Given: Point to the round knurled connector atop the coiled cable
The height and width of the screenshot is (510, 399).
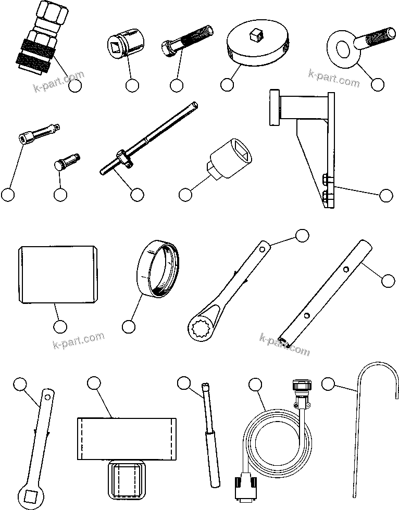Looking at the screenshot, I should click(x=303, y=388).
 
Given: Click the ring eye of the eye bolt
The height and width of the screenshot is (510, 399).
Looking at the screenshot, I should click(x=342, y=50).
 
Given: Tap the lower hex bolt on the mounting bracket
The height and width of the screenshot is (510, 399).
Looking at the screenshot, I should click(x=327, y=196).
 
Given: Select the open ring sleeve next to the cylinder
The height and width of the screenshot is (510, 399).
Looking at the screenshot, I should click(x=158, y=268).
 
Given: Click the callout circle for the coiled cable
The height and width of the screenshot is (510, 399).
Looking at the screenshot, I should click(x=255, y=385).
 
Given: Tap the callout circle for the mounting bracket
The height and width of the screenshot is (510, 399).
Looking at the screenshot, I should click(x=385, y=195).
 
